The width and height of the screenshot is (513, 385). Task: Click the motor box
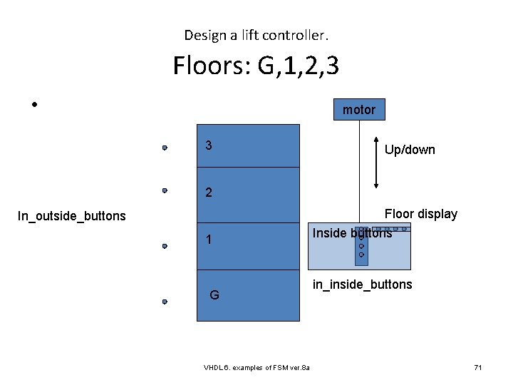[x=358, y=110]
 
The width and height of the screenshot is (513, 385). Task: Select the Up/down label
[x=410, y=150]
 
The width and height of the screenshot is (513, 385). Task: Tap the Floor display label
[x=420, y=214]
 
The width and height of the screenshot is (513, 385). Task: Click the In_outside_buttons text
[x=71, y=215]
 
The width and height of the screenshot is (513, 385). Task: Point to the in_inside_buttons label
[x=363, y=284]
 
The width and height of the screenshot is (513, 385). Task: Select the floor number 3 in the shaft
[x=208, y=145]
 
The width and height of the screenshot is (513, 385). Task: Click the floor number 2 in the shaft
[x=208, y=192]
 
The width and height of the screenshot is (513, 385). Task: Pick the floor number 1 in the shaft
[x=208, y=240]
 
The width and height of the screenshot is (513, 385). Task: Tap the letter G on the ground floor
[x=214, y=295]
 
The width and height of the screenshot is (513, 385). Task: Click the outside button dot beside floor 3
[x=164, y=148]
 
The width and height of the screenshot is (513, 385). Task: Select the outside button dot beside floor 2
[x=164, y=191]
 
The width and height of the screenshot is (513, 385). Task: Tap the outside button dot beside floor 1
[x=164, y=246]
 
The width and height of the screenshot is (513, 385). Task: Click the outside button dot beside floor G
[x=164, y=302]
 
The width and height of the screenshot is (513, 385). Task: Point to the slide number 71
[x=478, y=367]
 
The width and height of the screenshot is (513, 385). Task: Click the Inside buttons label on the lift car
[x=352, y=233]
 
